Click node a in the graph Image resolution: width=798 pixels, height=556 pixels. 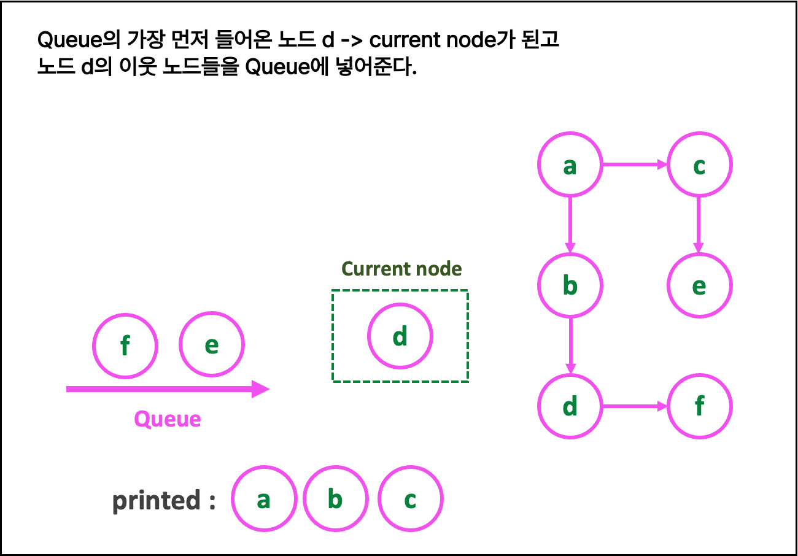[570, 164]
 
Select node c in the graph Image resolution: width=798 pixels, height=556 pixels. [699, 164]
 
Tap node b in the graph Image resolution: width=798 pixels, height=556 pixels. [570, 285]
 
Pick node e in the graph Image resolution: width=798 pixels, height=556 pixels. [699, 285]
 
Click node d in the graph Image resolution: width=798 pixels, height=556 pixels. [570, 406]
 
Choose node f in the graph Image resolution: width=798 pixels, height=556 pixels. [699, 406]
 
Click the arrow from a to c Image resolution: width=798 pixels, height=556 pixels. [634, 164]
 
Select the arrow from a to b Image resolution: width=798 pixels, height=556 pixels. [570, 225]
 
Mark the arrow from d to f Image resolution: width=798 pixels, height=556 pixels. [634, 406]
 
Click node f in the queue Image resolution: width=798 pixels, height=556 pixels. [125, 346]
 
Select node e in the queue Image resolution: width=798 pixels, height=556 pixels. [212, 345]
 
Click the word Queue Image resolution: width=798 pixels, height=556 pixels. [168, 419]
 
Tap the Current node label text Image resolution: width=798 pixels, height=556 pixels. [401, 269]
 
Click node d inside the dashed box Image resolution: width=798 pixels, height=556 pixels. [400, 336]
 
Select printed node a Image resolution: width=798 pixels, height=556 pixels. [264, 499]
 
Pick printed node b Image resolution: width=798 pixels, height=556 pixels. [335, 499]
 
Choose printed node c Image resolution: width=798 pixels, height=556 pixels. [410, 499]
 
